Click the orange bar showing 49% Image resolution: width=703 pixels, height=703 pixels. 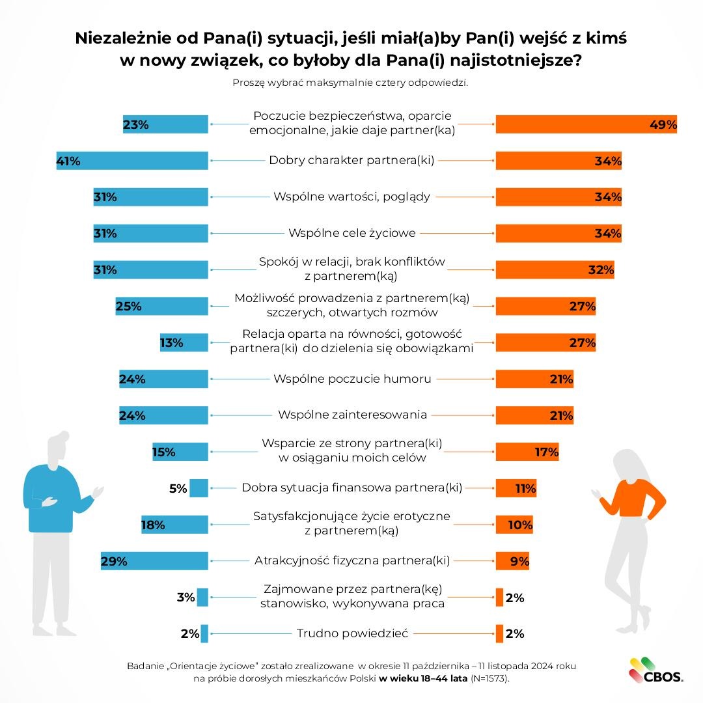[x=586, y=124]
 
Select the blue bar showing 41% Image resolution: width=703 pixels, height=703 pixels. [x=132, y=161]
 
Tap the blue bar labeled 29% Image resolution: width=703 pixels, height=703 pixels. [x=154, y=561]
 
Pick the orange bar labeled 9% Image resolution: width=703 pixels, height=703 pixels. [x=512, y=561]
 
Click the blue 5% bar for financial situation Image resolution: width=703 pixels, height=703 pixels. [x=199, y=488]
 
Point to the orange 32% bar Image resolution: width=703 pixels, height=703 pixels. [x=555, y=269]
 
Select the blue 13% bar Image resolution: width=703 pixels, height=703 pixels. [x=184, y=342]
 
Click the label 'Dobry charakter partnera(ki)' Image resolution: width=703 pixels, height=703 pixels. [x=351, y=160]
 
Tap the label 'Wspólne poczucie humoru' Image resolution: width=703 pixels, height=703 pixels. [x=352, y=378]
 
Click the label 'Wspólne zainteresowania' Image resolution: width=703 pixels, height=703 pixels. [x=352, y=415]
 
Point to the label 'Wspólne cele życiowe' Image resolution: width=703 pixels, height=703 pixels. [x=351, y=232]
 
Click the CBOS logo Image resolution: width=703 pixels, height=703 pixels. [x=655, y=671]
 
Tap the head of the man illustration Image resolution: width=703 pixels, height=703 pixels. [x=57, y=448]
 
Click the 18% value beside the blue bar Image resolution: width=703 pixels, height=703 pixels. [x=153, y=525]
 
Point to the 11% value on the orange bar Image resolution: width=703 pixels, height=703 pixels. [x=525, y=488]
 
